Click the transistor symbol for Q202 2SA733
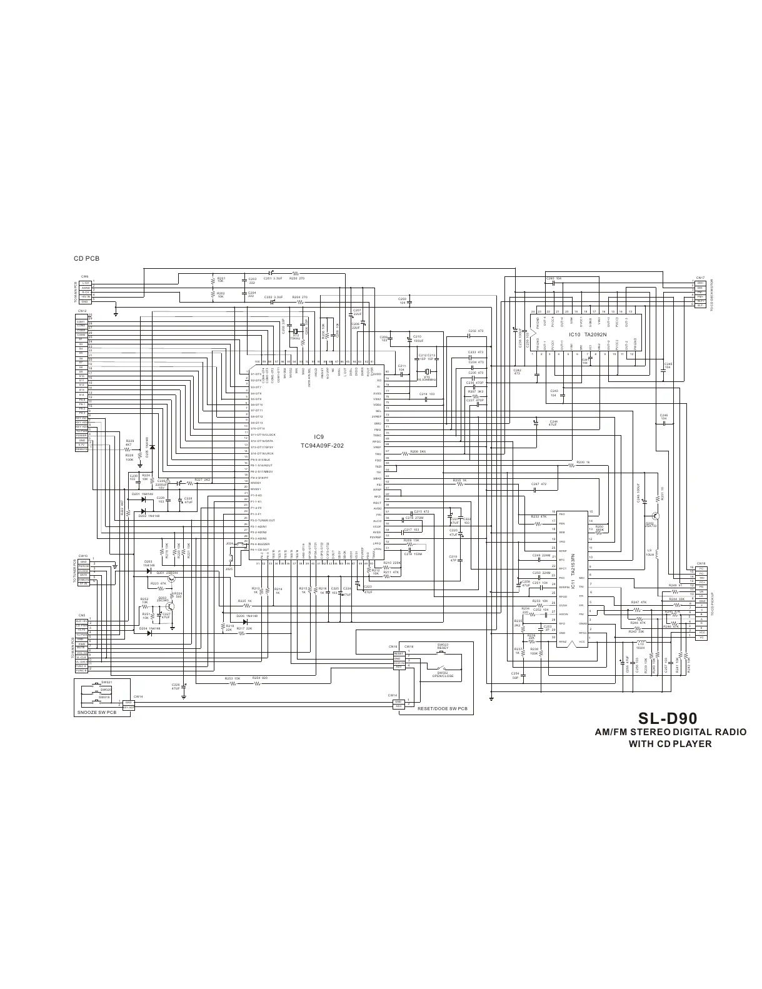(x=654, y=516)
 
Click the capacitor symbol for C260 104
(x=554, y=283)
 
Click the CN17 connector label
(x=700, y=277)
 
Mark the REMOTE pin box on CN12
(x=81, y=449)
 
